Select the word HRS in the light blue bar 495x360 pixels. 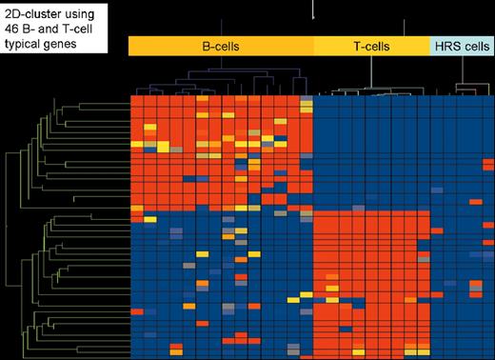(445, 45)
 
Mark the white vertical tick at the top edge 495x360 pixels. (313, 10)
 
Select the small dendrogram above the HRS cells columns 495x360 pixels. (461, 88)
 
